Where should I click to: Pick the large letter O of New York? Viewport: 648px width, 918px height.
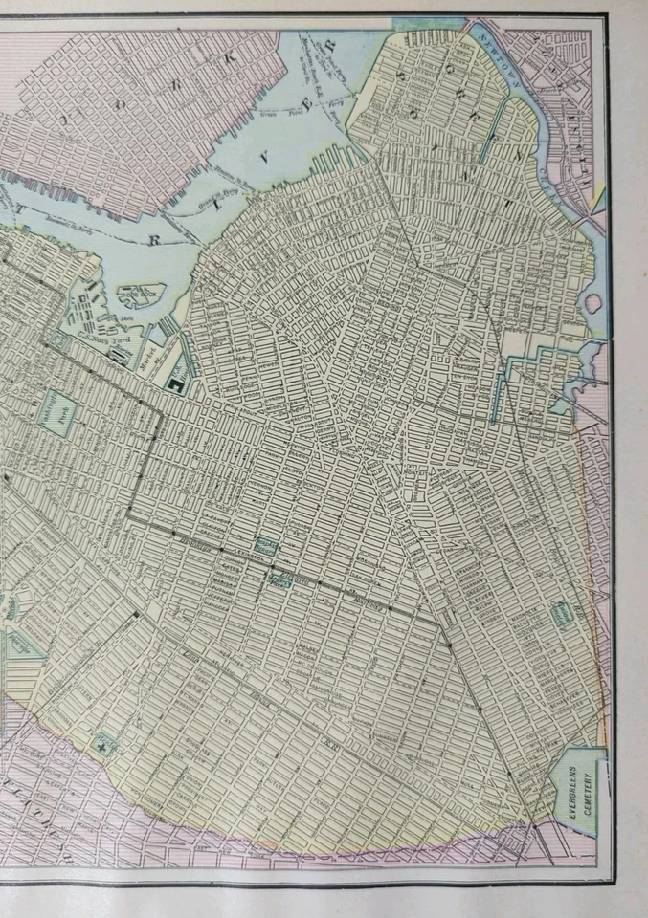coord(64,120)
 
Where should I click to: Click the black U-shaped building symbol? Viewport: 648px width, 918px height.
coord(176,384)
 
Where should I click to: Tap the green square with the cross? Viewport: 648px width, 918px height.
coord(103,741)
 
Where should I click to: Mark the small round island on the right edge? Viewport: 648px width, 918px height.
coord(592,303)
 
